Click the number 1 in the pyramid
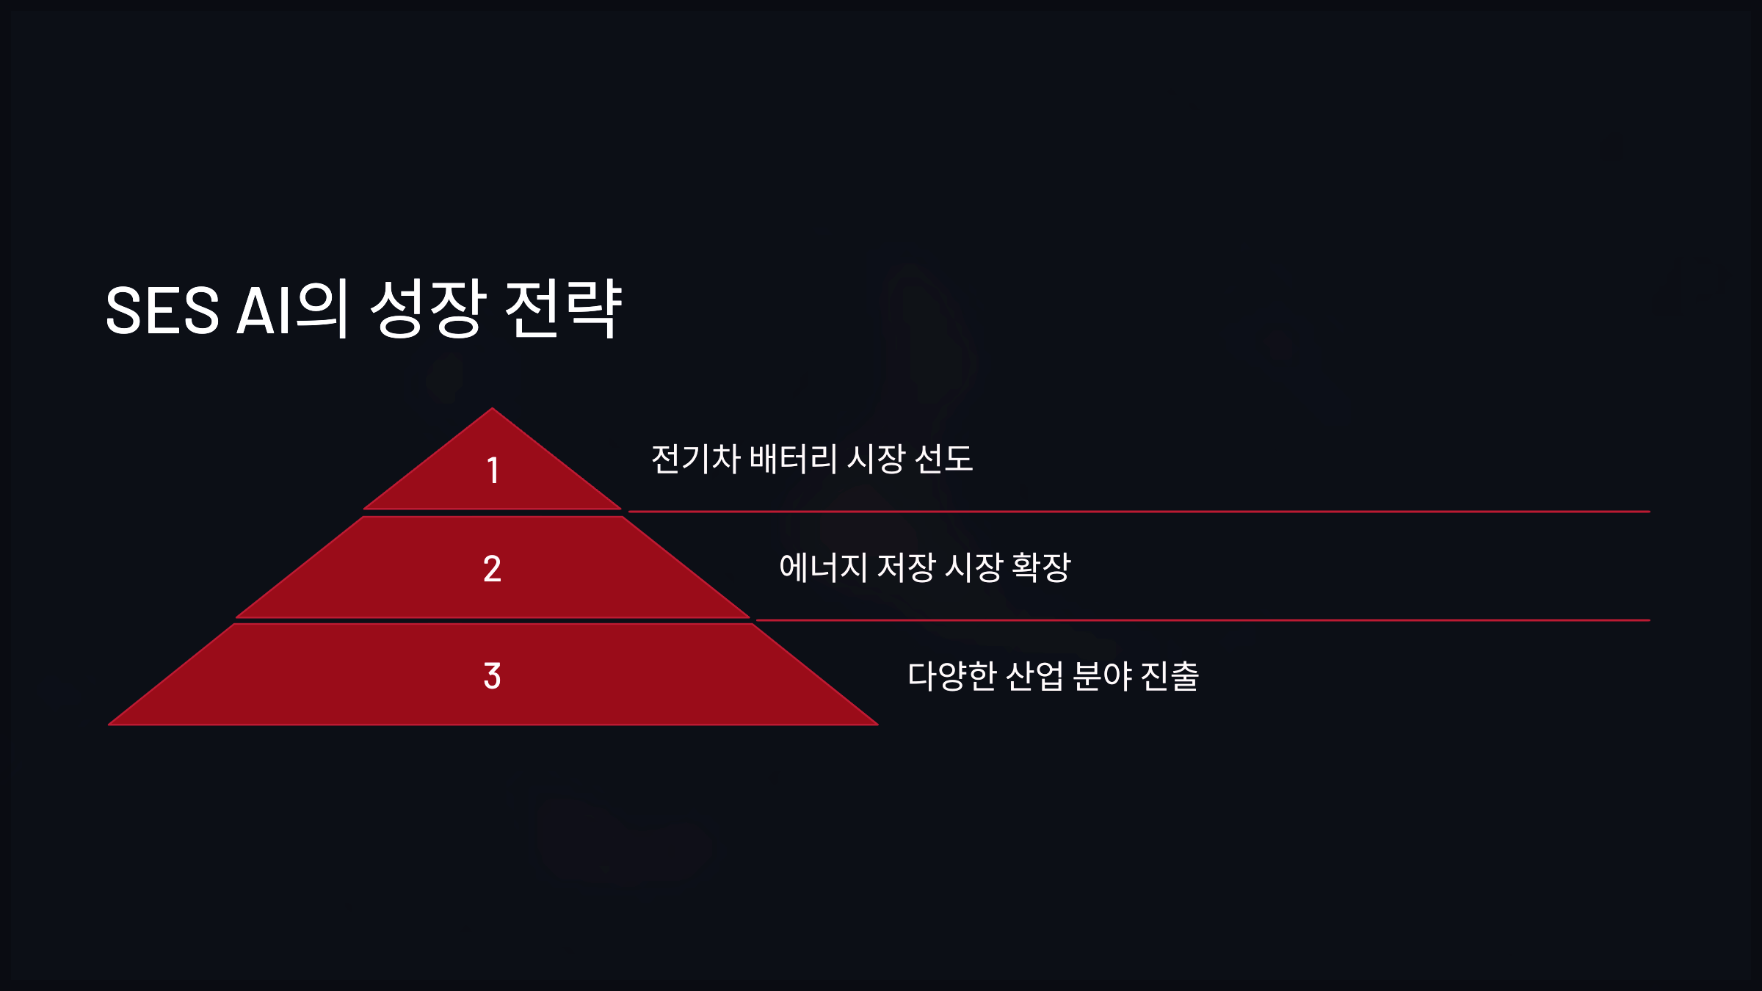(x=493, y=471)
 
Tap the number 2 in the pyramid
(x=492, y=569)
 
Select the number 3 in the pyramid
(x=492, y=676)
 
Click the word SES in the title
(x=162, y=311)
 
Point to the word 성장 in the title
(x=428, y=309)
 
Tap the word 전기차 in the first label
(x=696, y=460)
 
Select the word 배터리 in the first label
(x=794, y=460)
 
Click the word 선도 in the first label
(x=944, y=460)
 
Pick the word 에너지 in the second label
(x=823, y=567)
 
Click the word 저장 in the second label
(x=907, y=567)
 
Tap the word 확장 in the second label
(x=1041, y=567)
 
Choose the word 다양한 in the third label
(x=952, y=676)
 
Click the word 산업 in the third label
(x=1034, y=676)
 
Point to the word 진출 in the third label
(x=1170, y=676)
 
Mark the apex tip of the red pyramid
(x=492, y=410)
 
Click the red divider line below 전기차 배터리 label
(x=1138, y=512)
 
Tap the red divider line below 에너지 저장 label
(x=1204, y=620)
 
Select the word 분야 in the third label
(x=1102, y=676)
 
